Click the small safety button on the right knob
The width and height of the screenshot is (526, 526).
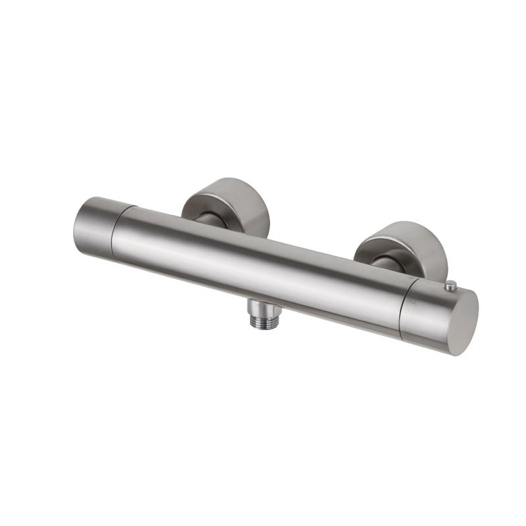point(451,285)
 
